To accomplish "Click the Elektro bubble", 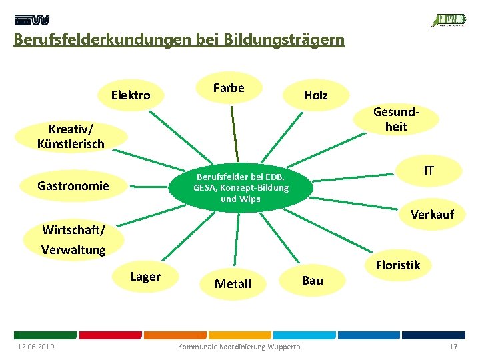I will [131, 95].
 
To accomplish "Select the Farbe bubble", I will [229, 88].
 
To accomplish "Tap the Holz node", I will [315, 95].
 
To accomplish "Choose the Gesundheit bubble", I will [395, 119].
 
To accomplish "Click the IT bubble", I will [429, 171].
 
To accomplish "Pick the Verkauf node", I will [432, 215].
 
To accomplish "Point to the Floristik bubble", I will [397, 265].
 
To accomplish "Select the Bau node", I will [312, 280].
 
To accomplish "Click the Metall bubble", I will [233, 284].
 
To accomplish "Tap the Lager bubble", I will [145, 277].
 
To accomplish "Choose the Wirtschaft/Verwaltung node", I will [73, 240].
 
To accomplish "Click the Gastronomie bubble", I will [73, 186].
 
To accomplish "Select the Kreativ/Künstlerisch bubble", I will [71, 135].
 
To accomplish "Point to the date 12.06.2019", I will [36, 347].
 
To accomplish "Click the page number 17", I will [453, 347].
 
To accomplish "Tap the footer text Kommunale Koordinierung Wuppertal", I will [239, 347].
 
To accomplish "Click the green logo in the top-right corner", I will [449, 20].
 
